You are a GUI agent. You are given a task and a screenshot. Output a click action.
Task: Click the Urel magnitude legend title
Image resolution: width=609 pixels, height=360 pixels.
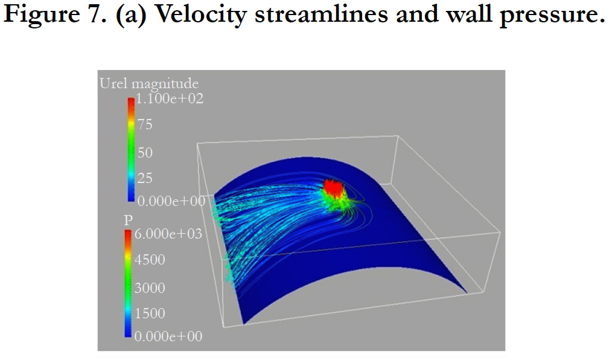148,83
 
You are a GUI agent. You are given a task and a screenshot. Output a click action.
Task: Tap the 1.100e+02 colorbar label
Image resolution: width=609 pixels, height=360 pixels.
169,98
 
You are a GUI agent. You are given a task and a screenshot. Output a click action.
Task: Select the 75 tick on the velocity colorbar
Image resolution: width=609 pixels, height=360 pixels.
145,125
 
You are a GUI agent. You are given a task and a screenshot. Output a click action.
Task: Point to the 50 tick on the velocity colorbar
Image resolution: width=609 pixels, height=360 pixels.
145,152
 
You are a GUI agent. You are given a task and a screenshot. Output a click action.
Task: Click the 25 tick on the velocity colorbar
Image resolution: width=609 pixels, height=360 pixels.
145,178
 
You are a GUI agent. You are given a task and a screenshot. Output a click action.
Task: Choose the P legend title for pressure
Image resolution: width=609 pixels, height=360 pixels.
127,220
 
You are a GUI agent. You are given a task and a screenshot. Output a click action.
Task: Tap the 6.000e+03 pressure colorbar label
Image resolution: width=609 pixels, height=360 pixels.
167,234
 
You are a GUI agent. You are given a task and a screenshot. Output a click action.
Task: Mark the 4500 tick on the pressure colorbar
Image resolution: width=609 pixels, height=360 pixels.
150,260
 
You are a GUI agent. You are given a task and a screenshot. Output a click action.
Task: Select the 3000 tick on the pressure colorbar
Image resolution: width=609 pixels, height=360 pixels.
150,288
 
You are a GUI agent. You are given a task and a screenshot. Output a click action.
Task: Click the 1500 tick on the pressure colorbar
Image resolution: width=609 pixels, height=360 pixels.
150,313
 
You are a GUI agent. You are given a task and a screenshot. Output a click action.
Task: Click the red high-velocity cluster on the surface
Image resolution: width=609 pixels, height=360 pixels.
333,188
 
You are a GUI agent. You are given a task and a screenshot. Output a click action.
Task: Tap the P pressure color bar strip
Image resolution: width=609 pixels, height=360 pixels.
128,284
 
